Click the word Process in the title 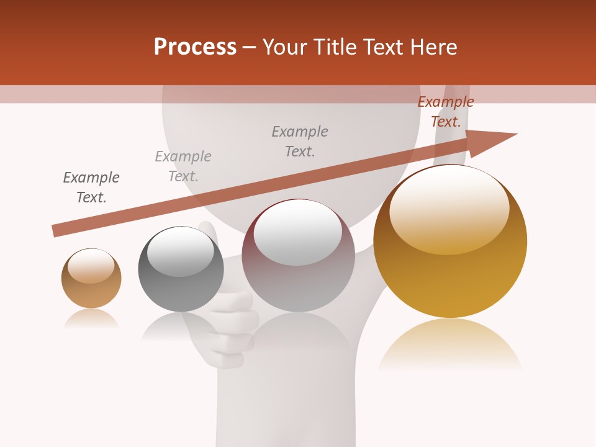coord(195,47)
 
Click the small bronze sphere coord(91,278)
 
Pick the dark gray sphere coord(181,269)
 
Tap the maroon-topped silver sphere coord(298,256)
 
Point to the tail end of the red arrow coord(55,231)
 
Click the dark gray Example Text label coord(91,187)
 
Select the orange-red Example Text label coord(446,112)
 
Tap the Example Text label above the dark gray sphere coord(183,166)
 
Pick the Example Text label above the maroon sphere coord(300,141)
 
